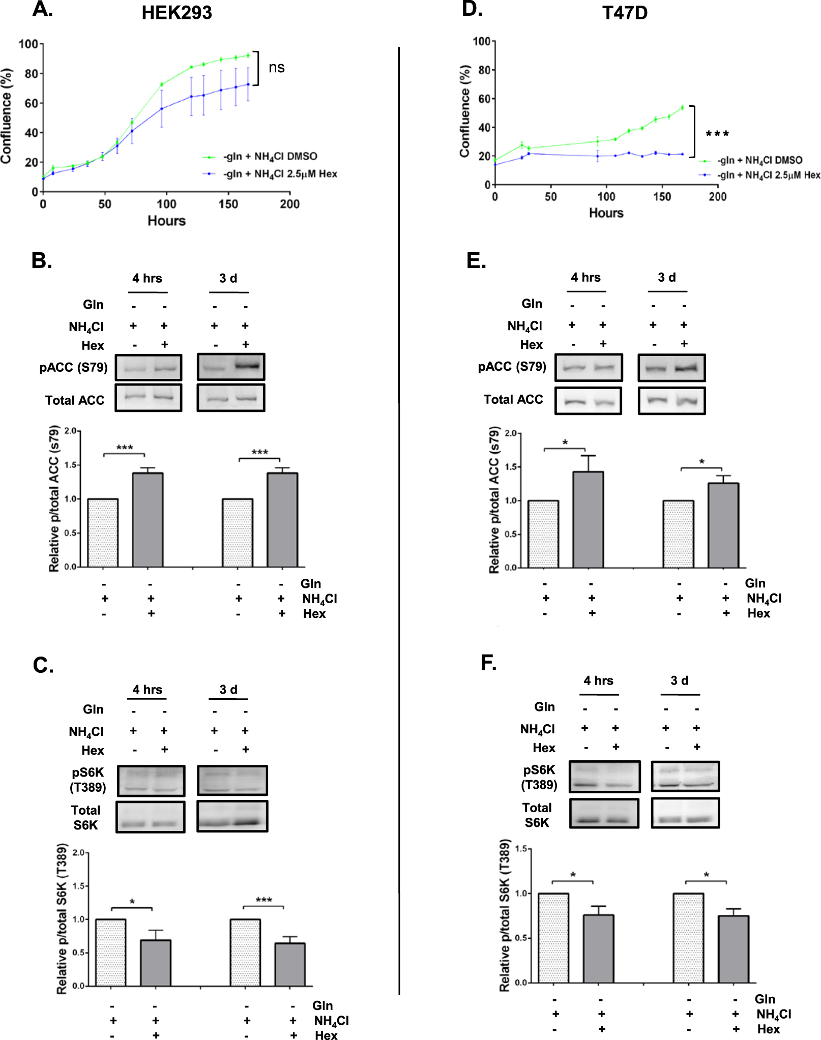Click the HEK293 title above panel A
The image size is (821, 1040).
[177, 13]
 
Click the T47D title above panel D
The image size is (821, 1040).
[625, 13]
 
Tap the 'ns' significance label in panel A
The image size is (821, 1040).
[276, 68]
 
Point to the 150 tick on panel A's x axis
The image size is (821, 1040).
[228, 204]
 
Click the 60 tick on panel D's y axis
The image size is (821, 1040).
[484, 99]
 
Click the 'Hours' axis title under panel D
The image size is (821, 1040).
[606, 213]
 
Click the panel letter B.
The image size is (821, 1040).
[42, 260]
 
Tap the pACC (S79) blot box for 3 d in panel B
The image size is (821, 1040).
[231, 367]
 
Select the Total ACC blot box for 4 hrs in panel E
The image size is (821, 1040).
[588, 401]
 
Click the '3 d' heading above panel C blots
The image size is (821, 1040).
[228, 690]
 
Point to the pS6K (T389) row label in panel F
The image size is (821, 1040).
[539, 777]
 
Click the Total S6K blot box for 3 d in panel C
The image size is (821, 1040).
[232, 817]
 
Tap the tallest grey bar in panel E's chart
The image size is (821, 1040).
[588, 519]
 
